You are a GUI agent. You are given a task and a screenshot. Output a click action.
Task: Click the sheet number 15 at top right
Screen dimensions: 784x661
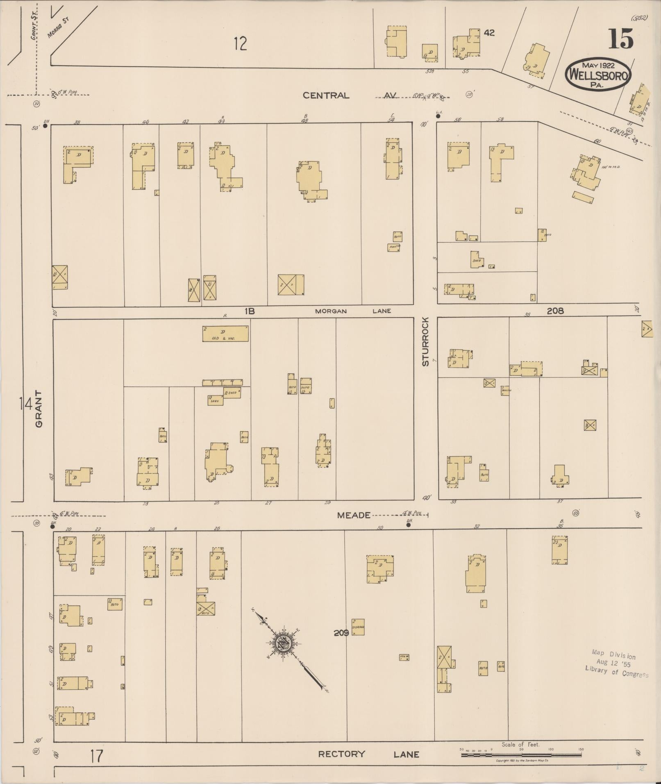click(620, 39)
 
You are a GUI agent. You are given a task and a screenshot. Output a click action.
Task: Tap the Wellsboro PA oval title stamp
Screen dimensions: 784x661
click(598, 75)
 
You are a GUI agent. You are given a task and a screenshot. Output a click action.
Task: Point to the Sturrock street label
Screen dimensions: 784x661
click(425, 341)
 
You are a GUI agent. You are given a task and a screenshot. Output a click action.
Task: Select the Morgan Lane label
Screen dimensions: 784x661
click(353, 311)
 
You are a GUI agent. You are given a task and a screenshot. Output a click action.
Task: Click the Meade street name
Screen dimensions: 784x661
click(354, 515)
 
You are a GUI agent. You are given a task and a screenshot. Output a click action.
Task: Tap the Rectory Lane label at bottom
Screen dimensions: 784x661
click(369, 754)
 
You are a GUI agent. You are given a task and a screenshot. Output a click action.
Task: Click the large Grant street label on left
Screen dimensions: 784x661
click(39, 409)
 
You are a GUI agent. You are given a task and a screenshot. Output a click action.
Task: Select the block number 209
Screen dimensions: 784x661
click(341, 633)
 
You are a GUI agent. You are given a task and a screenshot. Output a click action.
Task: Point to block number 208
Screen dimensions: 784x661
click(555, 311)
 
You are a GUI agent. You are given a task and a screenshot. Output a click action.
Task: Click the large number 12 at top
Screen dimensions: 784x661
click(241, 43)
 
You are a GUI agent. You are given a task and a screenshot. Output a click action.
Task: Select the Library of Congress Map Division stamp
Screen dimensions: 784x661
click(616, 664)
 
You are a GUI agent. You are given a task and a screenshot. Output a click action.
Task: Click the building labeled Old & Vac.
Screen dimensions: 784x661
click(225, 334)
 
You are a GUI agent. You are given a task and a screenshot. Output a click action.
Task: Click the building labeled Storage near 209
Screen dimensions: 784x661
click(358, 627)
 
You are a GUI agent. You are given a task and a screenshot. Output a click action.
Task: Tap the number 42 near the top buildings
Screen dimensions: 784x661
click(489, 33)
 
